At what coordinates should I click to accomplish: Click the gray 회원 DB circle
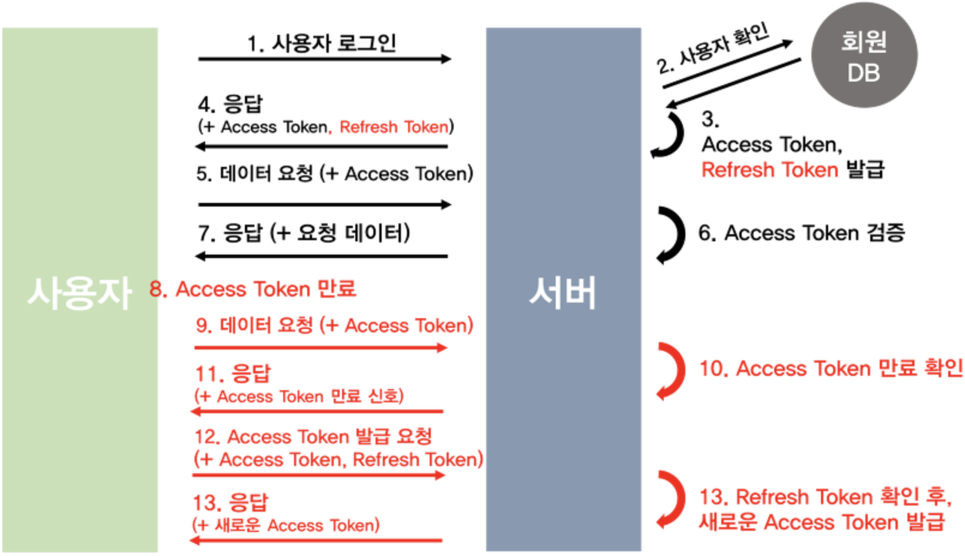click(x=864, y=56)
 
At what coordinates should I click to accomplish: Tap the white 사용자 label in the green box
click(x=79, y=293)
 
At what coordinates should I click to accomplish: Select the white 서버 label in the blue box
click(x=562, y=293)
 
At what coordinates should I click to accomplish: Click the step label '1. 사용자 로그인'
click(x=322, y=43)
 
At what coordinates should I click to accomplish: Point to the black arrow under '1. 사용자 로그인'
click(x=324, y=59)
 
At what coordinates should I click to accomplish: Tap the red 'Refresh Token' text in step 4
click(x=394, y=127)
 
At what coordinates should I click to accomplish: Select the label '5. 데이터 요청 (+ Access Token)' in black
click(x=334, y=174)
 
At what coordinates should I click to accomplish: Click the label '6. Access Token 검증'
click(x=801, y=233)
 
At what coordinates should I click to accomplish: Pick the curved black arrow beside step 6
click(x=670, y=235)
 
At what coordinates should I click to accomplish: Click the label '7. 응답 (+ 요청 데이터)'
click(x=304, y=233)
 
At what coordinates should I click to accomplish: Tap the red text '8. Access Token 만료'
click(x=253, y=289)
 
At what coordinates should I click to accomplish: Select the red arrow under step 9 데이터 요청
click(x=320, y=347)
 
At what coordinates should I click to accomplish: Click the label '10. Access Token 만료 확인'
click(x=831, y=368)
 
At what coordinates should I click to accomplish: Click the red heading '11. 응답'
click(x=233, y=373)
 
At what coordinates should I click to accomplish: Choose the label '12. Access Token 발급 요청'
click(x=313, y=437)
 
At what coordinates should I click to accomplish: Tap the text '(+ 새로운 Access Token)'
click(x=286, y=525)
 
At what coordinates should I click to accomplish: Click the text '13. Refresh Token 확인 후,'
click(x=825, y=497)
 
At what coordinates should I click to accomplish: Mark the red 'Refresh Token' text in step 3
click(x=769, y=170)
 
